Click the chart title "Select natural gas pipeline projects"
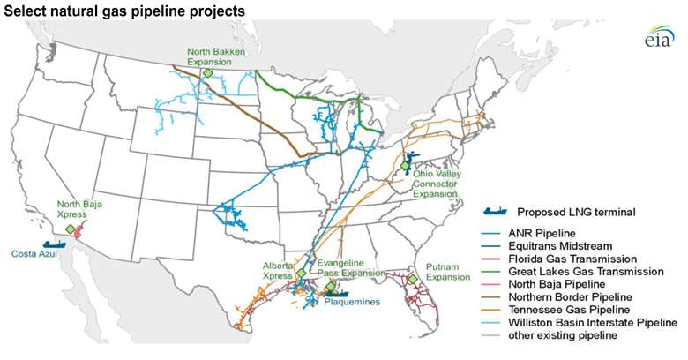(x=123, y=10)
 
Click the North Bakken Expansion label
(x=213, y=56)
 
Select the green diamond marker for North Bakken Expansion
(x=207, y=73)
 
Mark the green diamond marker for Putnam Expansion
(x=411, y=280)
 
